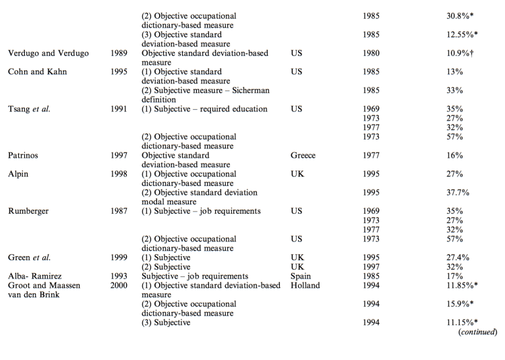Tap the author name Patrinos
click(24, 155)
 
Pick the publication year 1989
click(119, 53)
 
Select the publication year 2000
click(119, 285)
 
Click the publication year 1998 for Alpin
click(119, 174)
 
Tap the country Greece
click(303, 155)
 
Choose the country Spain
click(301, 276)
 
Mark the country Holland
click(305, 285)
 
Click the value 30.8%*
click(452, 15)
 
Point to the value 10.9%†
click(452, 53)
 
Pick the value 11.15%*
click(454, 322)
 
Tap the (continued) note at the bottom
click(477, 332)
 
